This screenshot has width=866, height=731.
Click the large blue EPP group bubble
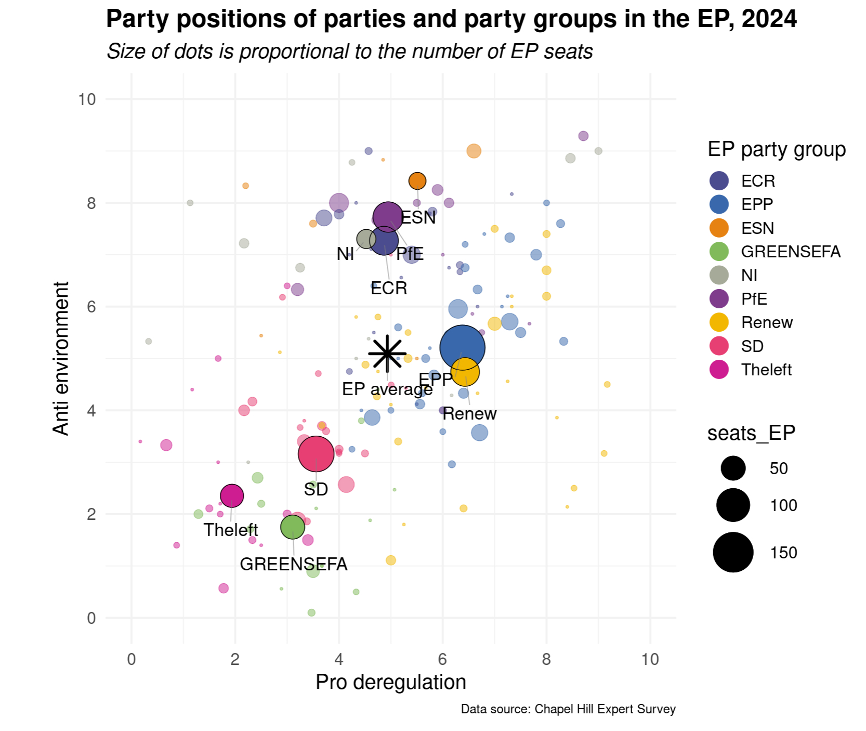pos(462,348)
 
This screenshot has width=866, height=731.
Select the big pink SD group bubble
pos(316,453)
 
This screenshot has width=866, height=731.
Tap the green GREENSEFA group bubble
pos(292,527)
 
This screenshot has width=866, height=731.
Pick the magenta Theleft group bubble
pos(232,495)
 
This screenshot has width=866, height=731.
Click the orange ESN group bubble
pos(417,181)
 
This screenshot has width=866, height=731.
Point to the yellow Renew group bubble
pos(465,372)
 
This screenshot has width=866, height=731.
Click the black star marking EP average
pos(387,354)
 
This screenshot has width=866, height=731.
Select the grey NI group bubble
pos(366,239)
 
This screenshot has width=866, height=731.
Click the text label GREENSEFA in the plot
pos(293,564)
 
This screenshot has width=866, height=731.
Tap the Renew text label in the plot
pos(469,414)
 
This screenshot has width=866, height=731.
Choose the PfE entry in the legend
pos(754,299)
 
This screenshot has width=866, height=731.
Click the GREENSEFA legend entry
pos(790,252)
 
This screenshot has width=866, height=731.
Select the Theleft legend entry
pos(766,370)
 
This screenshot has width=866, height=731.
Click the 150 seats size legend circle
pos(733,552)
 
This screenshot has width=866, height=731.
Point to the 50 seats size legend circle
pos(733,468)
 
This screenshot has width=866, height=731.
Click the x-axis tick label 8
pos(546,659)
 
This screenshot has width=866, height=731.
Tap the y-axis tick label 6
pos(91,307)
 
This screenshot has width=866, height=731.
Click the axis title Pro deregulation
pos(390,682)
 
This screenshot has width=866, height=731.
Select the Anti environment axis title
pos(61,358)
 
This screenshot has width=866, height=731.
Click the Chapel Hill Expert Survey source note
pos(568,709)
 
